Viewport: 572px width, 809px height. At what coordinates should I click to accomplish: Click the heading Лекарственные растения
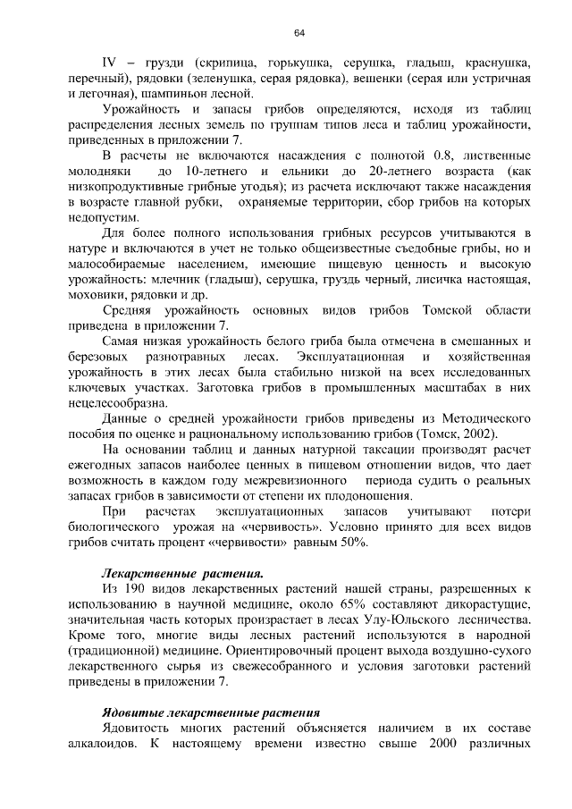pos(182,573)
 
